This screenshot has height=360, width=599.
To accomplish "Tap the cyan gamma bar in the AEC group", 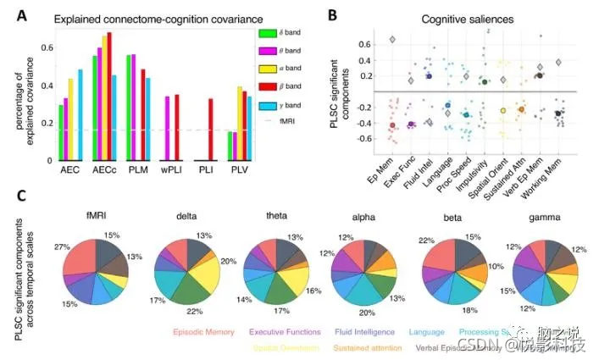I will coord(81,114).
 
